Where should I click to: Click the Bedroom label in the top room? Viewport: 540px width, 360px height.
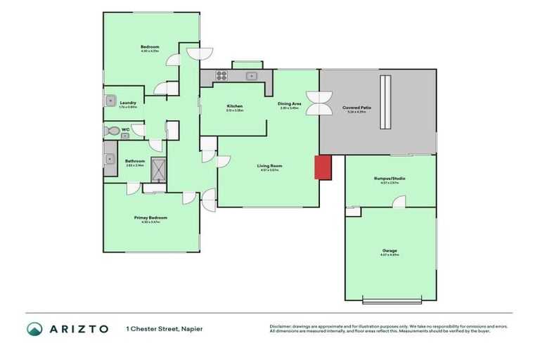coord(150,47)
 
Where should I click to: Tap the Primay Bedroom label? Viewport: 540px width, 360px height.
coord(151,217)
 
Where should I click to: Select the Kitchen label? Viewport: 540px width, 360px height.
coord(234,106)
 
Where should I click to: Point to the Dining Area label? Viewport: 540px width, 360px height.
coord(290,104)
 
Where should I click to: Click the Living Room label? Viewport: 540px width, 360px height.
coord(270,166)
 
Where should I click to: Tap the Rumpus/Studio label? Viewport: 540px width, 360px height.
coord(390,179)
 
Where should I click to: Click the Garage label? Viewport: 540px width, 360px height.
coord(390,250)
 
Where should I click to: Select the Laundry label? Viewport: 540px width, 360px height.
coord(128,103)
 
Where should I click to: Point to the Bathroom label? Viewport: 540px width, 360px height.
coord(135,160)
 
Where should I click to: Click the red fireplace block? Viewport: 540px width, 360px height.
coord(322,167)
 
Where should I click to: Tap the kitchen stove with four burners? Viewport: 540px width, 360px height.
coord(221,76)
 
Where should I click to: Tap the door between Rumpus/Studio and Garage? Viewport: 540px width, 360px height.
coord(399,202)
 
